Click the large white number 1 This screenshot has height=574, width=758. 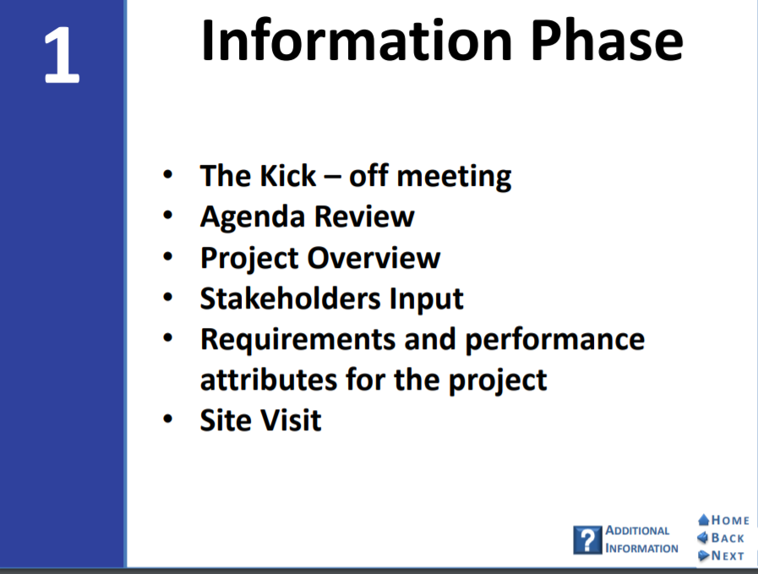tap(62, 55)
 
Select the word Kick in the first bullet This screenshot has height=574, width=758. tap(288, 175)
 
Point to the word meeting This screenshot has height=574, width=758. tap(454, 178)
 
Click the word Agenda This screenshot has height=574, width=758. tap(253, 217)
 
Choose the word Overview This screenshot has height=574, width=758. tap(374, 257)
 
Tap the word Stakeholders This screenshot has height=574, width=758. tap(290, 298)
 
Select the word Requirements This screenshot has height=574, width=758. tap(297, 341)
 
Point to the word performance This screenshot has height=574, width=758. tap(555, 341)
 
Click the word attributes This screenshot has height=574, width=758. tap(268, 380)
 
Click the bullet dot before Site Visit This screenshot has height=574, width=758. tap(168, 418)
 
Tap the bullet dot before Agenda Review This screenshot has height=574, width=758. tap(168, 215)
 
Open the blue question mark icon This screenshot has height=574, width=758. tap(587, 539)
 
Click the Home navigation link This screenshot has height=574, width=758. tap(723, 521)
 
